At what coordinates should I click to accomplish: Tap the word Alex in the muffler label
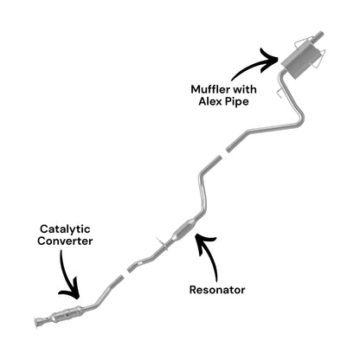tap(209, 101)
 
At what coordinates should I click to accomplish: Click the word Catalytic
tap(65, 229)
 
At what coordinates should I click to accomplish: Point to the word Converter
tap(65, 241)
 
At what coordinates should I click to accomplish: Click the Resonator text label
tap(217, 290)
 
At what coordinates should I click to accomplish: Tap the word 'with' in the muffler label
tap(245, 89)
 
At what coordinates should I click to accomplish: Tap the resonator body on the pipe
tap(185, 229)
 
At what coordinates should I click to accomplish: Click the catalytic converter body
tap(67, 313)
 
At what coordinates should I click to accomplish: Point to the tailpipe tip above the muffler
tap(319, 36)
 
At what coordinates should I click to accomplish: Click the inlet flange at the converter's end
tap(38, 322)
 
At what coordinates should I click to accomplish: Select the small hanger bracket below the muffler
tap(280, 93)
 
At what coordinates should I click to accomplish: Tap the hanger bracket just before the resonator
tap(162, 244)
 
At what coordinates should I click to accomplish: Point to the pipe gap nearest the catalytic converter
tap(125, 273)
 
